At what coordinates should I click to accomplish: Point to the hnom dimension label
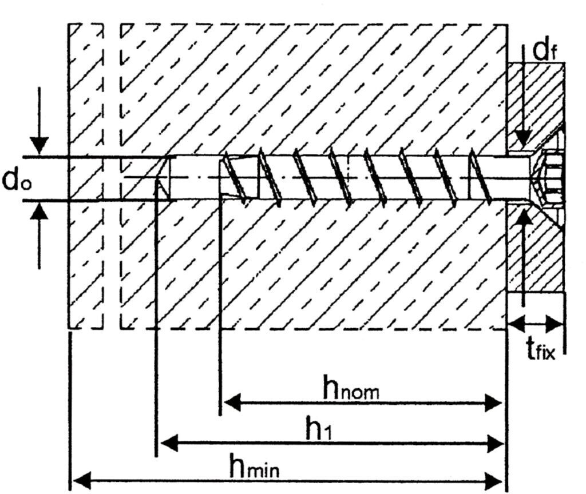point(351,389)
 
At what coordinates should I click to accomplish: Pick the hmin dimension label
point(254,465)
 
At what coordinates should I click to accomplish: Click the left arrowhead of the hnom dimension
point(232,403)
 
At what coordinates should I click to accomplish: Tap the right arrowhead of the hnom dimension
point(493,403)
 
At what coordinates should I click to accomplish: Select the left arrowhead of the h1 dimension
point(169,443)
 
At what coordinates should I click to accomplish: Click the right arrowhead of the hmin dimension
point(494,480)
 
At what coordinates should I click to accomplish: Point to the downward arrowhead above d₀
point(39,146)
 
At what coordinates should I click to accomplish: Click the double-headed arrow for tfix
point(536,323)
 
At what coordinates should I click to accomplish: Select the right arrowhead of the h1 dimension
point(495,443)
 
